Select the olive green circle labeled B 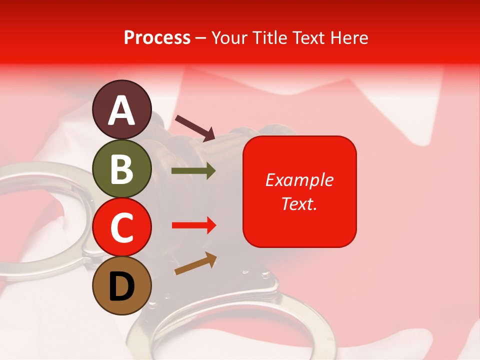(x=121, y=168)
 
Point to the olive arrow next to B (x=193, y=171)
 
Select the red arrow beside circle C (x=193, y=225)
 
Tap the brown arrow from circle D (x=195, y=263)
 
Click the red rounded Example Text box (x=299, y=191)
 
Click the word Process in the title (x=157, y=37)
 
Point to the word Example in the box (x=299, y=180)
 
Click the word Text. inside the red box (x=299, y=203)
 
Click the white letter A (x=121, y=110)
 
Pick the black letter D (x=121, y=287)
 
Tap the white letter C (x=121, y=228)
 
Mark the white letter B (x=121, y=169)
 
